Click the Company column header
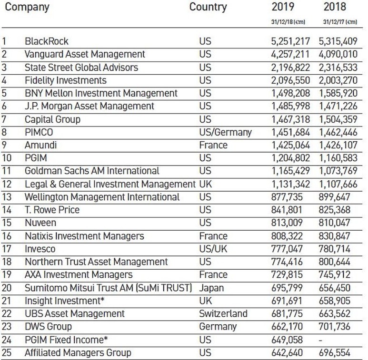click(27, 8)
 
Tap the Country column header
click(208, 8)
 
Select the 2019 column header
click(283, 8)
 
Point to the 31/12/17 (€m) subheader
click(340, 22)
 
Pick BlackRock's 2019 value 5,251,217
click(290, 42)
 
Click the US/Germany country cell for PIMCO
click(225, 132)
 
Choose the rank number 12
click(7, 184)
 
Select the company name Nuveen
click(40, 223)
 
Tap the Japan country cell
click(211, 288)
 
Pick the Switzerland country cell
click(223, 313)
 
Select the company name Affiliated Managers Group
click(78, 352)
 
